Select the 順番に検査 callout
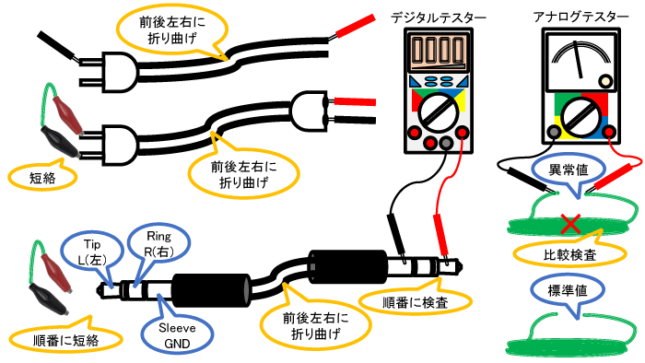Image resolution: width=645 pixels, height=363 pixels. (x=416, y=301)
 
